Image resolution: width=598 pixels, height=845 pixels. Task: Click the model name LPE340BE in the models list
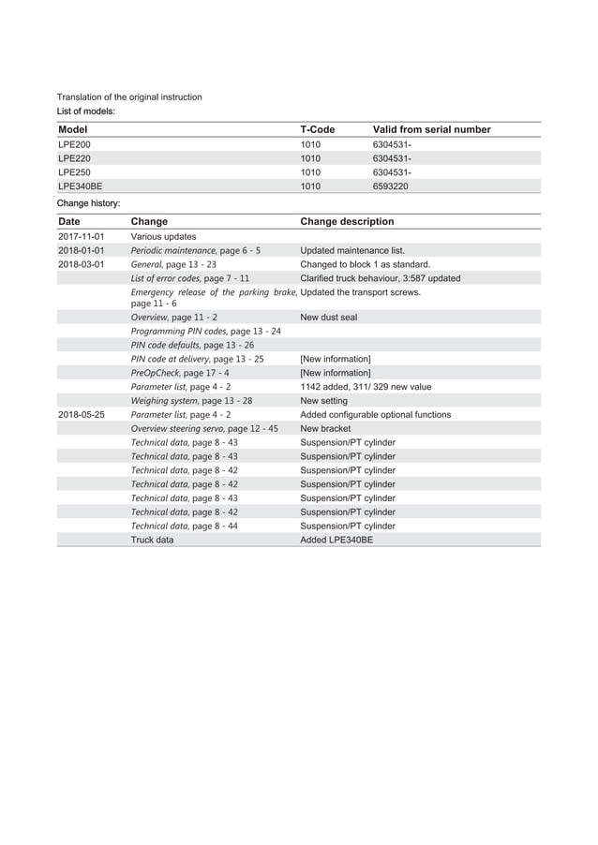[81, 186]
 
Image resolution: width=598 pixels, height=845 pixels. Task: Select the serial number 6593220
[391, 186]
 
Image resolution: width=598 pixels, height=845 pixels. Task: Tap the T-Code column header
[317, 129]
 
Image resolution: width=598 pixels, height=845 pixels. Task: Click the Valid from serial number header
[431, 129]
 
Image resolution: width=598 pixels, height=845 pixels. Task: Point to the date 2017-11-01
[81, 237]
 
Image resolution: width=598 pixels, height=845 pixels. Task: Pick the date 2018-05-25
[81, 414]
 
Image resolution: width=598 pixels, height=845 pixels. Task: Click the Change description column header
[347, 222]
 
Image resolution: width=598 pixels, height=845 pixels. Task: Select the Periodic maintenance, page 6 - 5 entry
[196, 251]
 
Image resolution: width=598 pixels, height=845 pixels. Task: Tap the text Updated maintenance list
[352, 251]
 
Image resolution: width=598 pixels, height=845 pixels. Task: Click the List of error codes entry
[190, 278]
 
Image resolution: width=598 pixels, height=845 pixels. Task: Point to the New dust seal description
[328, 318]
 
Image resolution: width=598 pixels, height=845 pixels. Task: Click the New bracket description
[325, 428]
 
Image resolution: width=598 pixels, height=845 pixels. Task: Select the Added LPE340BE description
[336, 540]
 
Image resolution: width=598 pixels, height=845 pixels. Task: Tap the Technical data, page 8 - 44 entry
[185, 526]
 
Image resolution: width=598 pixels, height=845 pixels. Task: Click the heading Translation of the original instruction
[129, 96]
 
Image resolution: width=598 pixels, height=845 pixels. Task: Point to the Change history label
[88, 203]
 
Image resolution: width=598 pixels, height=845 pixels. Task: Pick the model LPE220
[75, 159]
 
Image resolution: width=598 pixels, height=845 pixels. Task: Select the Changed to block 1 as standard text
[365, 264]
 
